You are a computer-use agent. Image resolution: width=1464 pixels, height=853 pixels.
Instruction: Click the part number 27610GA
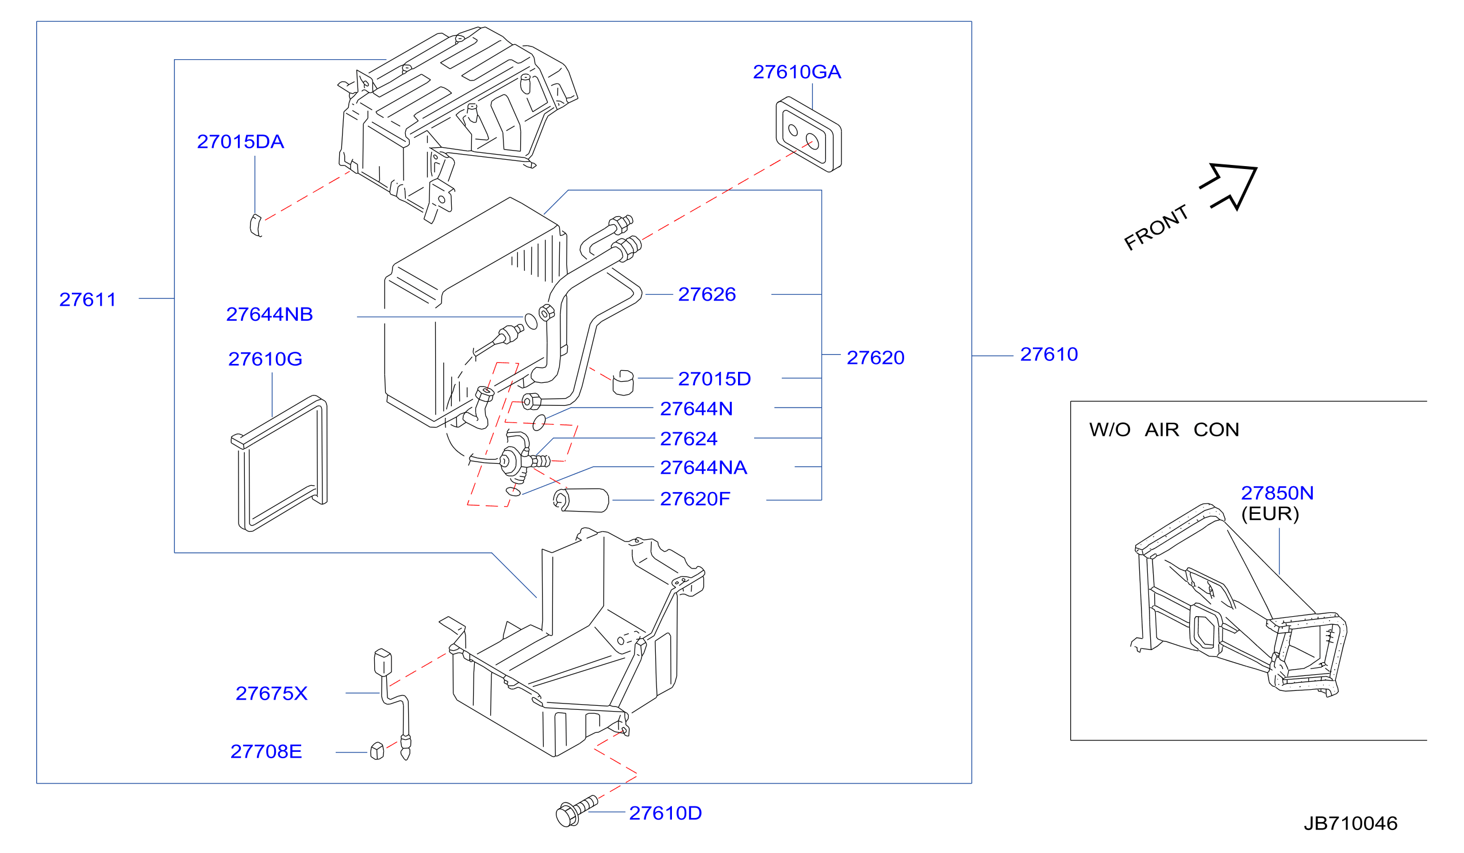click(797, 72)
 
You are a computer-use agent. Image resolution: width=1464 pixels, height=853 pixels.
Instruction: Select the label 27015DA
click(240, 142)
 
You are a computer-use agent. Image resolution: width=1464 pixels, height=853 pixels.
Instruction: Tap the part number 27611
click(88, 300)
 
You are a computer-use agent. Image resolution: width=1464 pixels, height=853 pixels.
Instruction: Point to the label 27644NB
click(270, 314)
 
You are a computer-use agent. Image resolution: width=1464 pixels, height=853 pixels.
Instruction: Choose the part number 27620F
click(695, 499)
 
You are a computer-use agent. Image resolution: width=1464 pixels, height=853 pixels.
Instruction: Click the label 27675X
click(271, 694)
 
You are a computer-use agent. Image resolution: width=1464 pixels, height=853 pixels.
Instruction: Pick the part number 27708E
click(266, 752)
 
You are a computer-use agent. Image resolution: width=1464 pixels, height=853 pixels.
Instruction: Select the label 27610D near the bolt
click(665, 813)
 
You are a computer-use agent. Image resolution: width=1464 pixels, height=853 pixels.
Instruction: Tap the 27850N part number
click(1277, 493)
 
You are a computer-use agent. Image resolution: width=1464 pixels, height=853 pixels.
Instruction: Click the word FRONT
click(1155, 228)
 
